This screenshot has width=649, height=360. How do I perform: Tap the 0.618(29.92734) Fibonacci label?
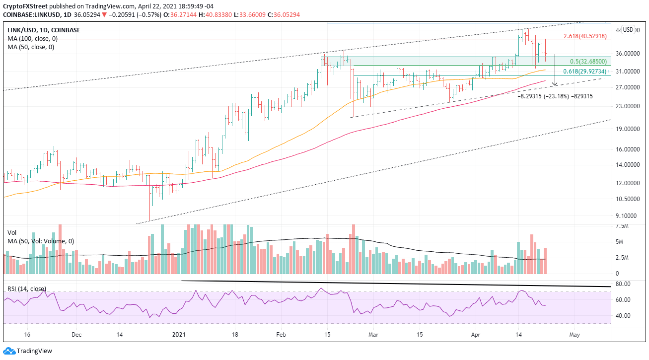(x=583, y=72)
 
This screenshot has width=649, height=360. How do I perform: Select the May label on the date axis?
(x=574, y=335)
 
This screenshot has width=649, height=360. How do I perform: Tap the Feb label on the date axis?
(x=281, y=335)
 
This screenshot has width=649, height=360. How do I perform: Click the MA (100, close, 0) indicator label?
(x=30, y=39)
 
